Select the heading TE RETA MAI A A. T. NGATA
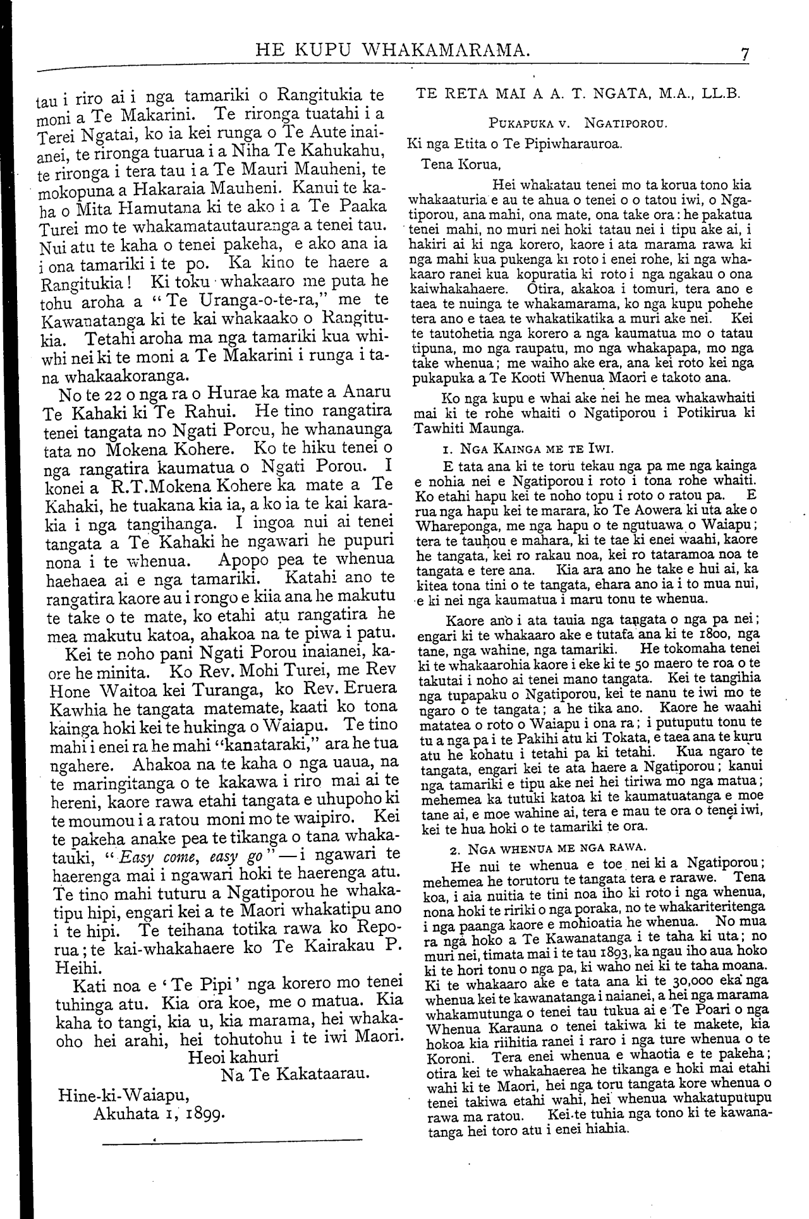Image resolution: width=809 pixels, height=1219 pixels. (x=577, y=93)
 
